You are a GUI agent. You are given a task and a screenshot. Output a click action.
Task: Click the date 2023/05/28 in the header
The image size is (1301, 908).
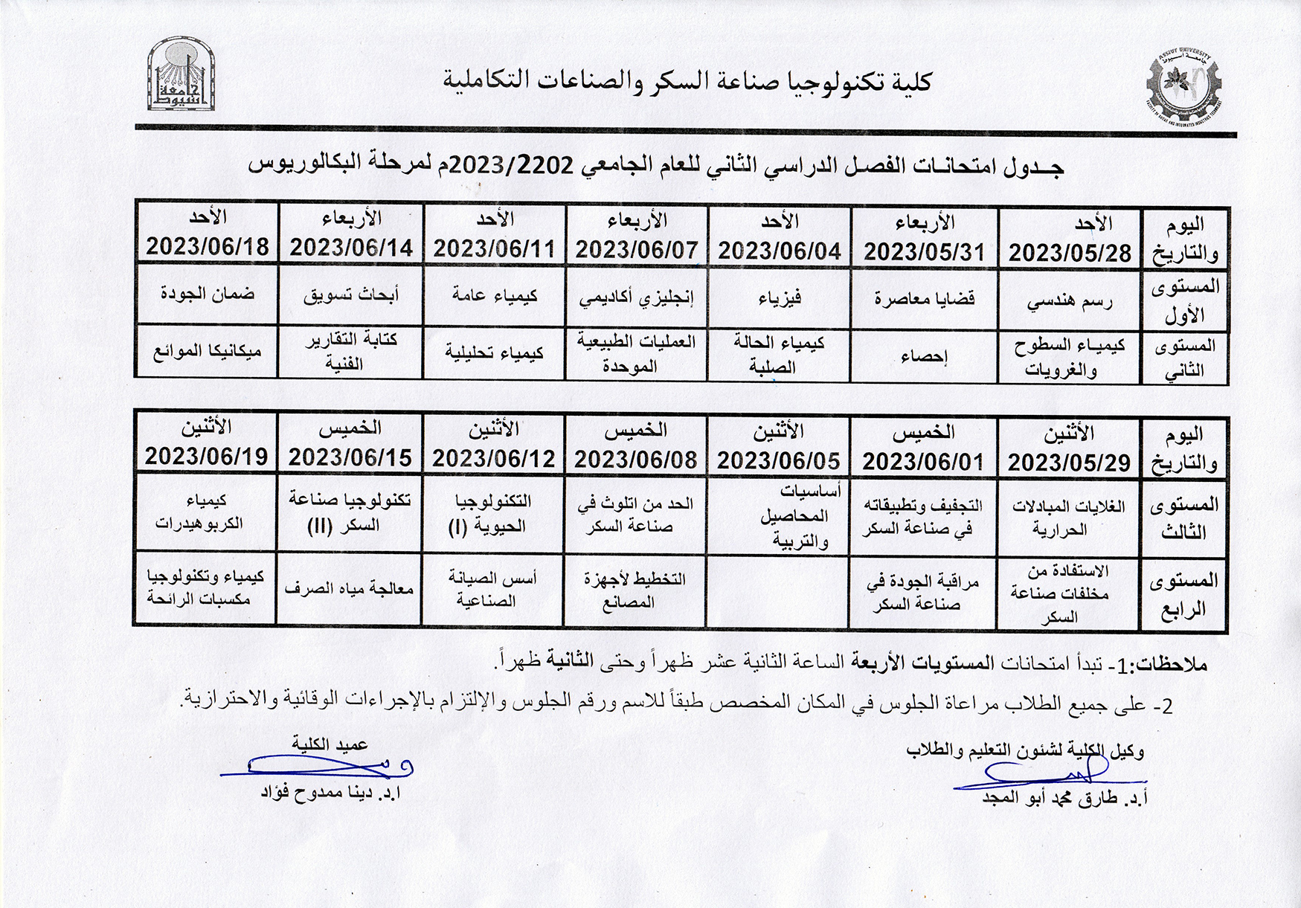tap(1069, 253)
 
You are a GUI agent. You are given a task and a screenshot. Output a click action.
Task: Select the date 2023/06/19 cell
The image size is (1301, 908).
tap(206, 456)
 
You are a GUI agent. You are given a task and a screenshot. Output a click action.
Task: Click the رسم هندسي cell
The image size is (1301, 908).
tap(1069, 301)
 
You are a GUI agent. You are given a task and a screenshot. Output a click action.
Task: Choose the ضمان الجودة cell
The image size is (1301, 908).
tap(207, 293)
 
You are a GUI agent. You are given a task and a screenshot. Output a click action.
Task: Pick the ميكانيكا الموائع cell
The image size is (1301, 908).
tap(207, 351)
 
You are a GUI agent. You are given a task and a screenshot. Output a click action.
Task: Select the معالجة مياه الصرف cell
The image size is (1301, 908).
tap(349, 589)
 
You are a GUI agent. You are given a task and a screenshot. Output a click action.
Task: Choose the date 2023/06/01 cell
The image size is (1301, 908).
tap(923, 462)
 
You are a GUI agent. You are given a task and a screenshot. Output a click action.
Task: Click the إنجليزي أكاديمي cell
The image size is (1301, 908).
tap(636, 299)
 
